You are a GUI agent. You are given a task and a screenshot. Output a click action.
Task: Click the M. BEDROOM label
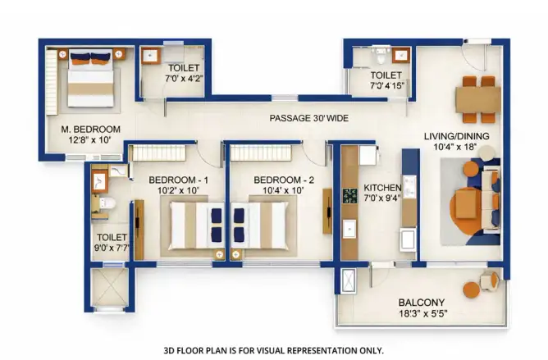91,130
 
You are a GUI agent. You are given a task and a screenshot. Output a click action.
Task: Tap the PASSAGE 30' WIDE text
309,118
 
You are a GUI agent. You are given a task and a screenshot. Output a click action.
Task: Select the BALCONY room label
422,303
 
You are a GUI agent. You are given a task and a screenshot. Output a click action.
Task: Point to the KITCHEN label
382,188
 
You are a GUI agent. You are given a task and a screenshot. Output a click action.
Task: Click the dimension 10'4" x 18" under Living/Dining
455,147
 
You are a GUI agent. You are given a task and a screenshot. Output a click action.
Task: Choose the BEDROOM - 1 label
178,180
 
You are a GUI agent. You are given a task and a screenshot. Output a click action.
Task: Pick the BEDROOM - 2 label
284,180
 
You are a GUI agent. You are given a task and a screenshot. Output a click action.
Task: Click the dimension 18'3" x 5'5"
423,313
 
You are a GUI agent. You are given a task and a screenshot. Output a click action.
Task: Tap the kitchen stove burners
349,196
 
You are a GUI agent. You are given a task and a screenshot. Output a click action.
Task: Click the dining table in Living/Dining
478,99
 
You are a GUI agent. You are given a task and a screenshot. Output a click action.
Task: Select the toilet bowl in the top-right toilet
381,56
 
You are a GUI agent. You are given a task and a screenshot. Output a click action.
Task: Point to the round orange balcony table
472,289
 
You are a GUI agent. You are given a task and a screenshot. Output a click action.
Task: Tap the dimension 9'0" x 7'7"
112,248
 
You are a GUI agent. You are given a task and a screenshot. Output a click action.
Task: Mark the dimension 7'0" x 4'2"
184,78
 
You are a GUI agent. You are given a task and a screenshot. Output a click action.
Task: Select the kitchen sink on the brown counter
349,229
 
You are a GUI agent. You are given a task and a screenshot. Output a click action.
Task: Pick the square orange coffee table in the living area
467,203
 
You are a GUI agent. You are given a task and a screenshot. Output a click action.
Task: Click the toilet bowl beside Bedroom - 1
105,203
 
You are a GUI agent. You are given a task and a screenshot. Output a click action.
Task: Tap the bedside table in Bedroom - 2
236,255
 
